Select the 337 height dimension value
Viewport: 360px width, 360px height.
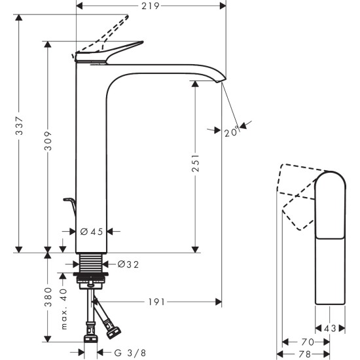tap(20, 131)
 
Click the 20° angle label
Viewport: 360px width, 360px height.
tap(230, 132)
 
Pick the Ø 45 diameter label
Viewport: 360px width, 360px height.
tap(91, 231)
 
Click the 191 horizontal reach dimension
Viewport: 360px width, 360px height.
tap(155, 302)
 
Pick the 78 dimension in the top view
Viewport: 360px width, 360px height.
tap(306, 354)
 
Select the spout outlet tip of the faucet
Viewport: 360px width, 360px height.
tap(221, 81)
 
